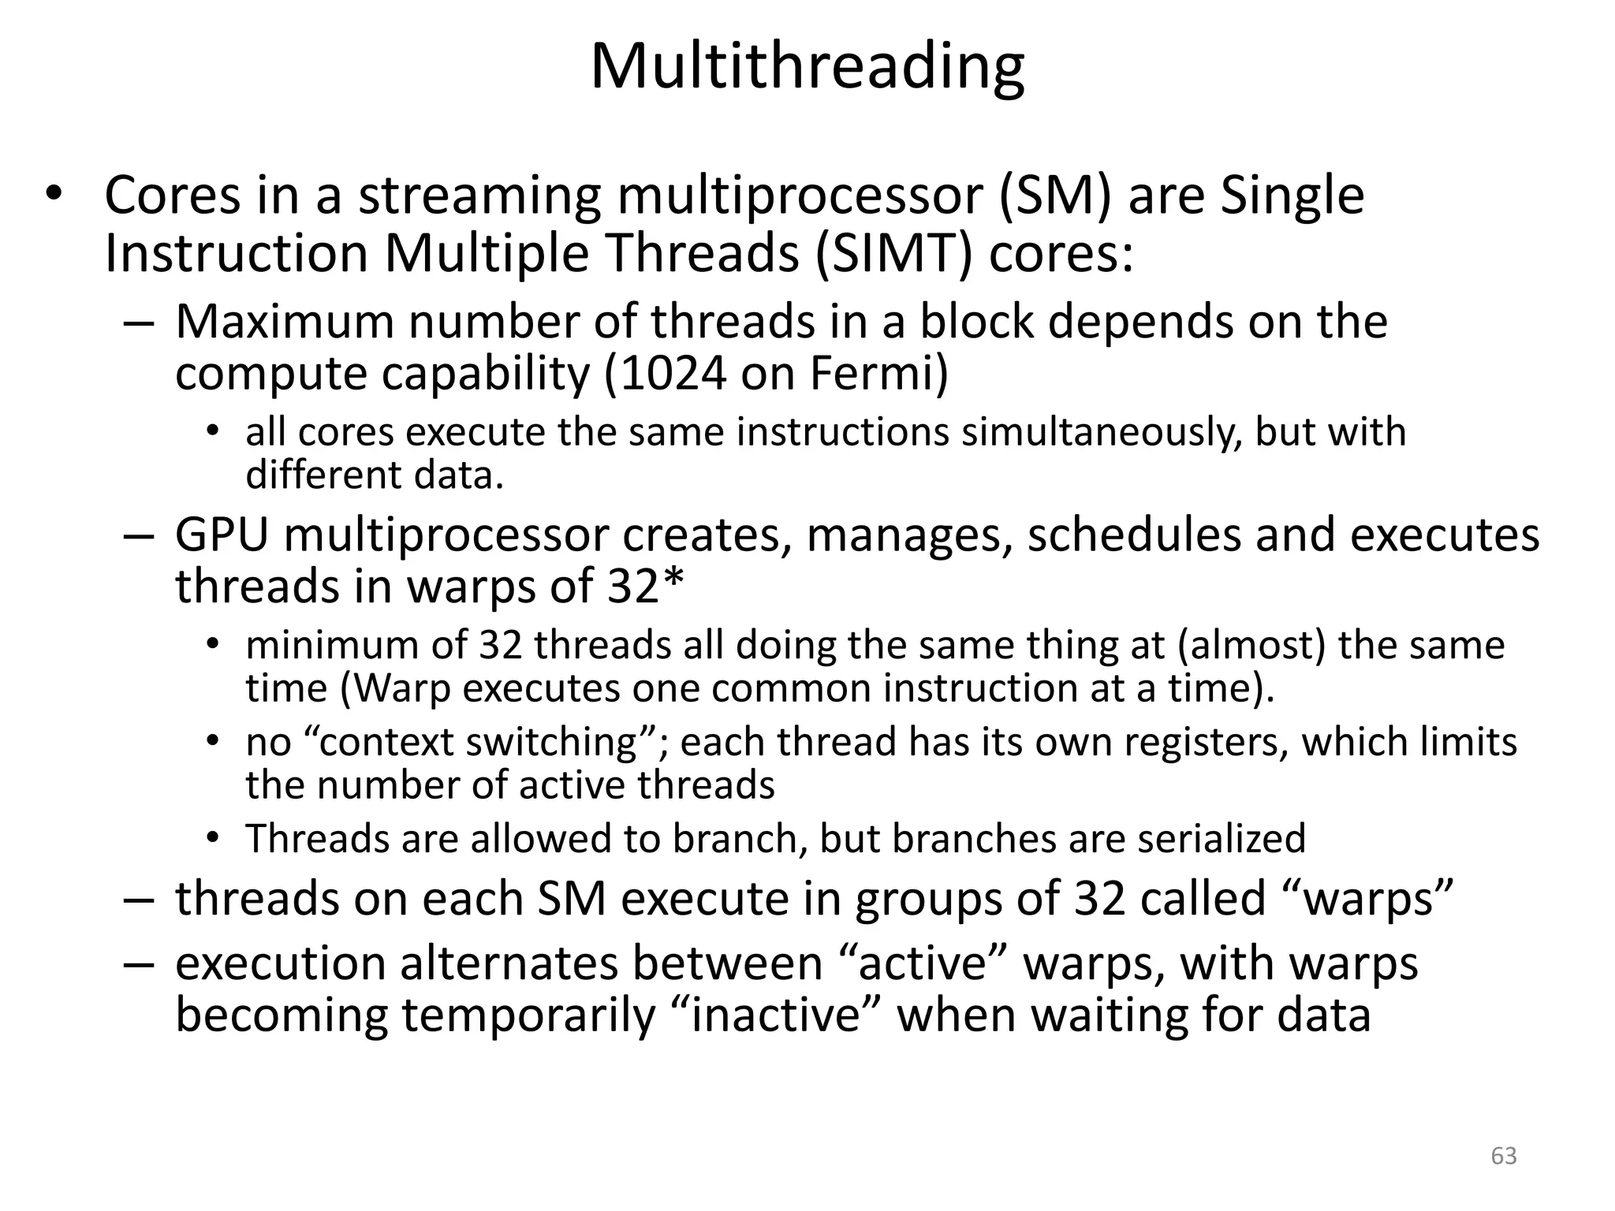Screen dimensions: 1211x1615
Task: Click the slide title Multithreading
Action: coord(807,68)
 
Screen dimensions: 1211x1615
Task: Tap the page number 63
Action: coord(1504,1156)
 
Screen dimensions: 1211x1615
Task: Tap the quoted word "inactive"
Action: coord(775,1015)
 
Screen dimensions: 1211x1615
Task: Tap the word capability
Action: coord(486,373)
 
